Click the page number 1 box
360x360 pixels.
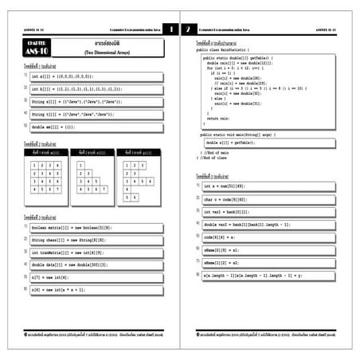170,29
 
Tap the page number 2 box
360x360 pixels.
189,29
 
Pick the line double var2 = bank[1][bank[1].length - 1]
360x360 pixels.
246,225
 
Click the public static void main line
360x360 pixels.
239,135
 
